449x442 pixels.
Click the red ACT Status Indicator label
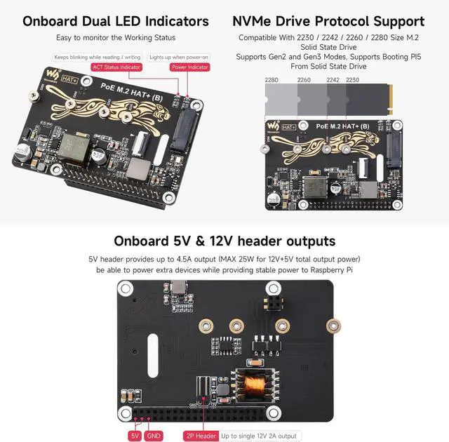coord(116,68)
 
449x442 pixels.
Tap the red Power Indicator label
coord(189,68)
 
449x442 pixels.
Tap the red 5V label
coord(135,436)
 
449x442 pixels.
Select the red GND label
coord(154,436)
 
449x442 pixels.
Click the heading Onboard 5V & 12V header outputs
coord(224,241)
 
